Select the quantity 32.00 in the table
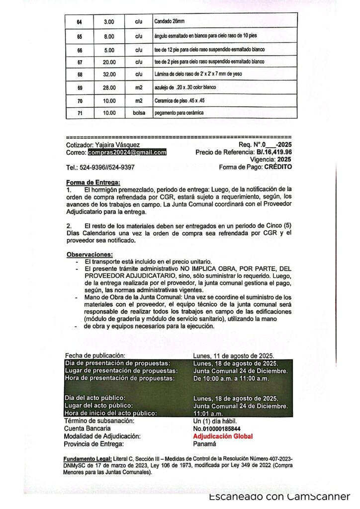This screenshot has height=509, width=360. pyautogui.click(x=109, y=75)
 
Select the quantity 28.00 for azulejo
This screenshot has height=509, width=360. pyautogui.click(x=109, y=87)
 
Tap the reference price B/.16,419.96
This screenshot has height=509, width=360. pyautogui.click(x=274, y=153)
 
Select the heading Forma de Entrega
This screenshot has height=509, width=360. pyautogui.click(x=93, y=182)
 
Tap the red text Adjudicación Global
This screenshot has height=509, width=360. pyautogui.click(x=223, y=436)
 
